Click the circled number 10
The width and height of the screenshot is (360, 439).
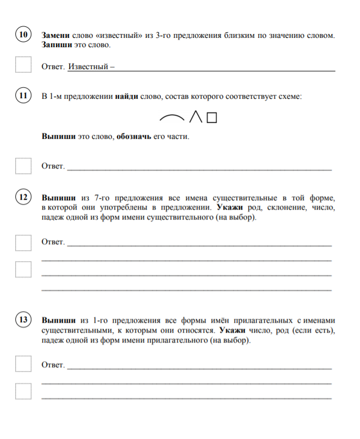23,35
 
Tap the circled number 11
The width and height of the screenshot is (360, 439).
23,96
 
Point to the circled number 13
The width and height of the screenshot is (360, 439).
23,320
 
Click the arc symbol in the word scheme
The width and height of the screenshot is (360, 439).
171,117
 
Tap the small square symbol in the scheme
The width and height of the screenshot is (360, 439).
212,117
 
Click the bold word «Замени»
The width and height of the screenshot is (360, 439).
55,35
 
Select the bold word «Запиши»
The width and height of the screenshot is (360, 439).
56,44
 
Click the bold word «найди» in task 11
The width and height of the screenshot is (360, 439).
126,97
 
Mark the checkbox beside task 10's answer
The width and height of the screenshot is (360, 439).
23,65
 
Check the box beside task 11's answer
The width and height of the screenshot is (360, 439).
23,165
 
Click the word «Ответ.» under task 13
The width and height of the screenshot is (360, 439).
53,365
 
